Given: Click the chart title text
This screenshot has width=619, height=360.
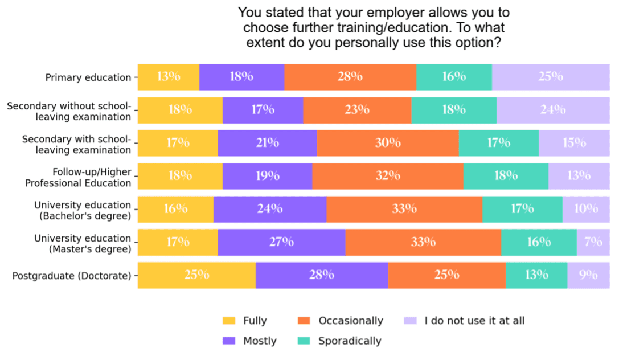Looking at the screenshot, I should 374,27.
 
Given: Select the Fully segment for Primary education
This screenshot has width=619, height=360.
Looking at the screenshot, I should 169,77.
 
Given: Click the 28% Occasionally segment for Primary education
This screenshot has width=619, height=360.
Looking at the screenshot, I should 350,77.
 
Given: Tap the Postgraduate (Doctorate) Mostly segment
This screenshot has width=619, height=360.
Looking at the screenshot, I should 321,275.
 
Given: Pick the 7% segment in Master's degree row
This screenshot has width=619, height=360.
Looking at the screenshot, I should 593,242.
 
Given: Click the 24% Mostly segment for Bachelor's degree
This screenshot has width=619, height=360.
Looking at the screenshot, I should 269,209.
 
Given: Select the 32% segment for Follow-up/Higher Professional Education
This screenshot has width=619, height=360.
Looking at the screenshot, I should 387,176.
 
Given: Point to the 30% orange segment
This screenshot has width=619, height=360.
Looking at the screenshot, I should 387,143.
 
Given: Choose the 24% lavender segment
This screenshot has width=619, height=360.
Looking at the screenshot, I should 552,110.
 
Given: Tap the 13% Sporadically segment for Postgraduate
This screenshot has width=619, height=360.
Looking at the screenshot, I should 536,275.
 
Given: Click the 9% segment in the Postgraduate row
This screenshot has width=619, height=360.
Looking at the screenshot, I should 588,275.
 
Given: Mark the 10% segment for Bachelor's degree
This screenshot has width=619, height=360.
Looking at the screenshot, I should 586,209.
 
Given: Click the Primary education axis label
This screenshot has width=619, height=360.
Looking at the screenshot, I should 88,77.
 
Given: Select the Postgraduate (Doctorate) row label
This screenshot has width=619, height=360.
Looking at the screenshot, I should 72,276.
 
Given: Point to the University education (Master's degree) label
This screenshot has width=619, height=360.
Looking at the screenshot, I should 83,243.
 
